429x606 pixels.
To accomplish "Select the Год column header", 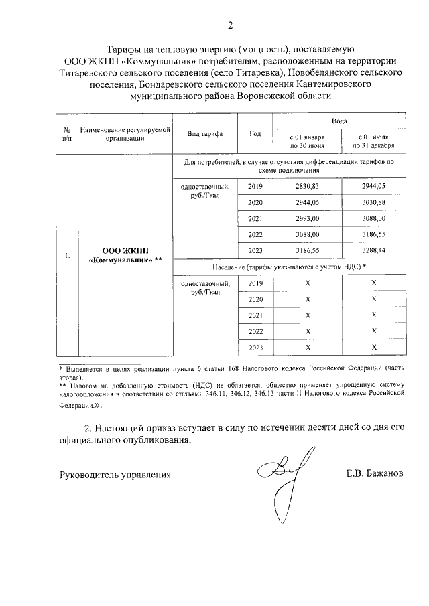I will coord(255,133).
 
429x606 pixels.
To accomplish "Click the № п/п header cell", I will coord(67,133).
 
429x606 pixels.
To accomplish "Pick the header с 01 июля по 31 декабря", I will coord(374,141).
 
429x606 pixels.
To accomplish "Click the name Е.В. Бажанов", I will coord(374,474).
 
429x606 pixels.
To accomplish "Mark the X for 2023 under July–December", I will coord(374,347).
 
